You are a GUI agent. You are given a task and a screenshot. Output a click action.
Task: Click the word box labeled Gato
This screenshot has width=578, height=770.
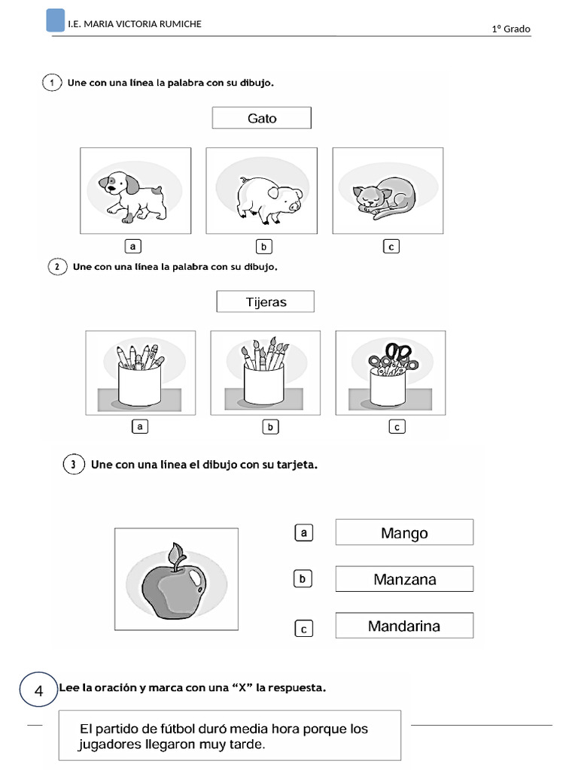pyautogui.click(x=261, y=118)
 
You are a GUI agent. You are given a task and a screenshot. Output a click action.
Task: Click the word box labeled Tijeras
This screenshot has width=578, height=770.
pyautogui.click(x=265, y=302)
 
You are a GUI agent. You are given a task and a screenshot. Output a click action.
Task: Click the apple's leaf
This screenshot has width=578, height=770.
pyautogui.click(x=178, y=554)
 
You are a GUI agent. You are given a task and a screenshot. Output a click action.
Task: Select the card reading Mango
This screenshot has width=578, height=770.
pyautogui.click(x=404, y=533)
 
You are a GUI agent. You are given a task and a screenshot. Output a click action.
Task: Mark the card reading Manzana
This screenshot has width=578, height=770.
pyautogui.click(x=404, y=580)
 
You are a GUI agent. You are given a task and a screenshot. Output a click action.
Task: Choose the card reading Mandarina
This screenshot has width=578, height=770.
pyautogui.click(x=404, y=626)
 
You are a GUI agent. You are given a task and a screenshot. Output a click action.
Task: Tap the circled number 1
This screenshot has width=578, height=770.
pyautogui.click(x=51, y=83)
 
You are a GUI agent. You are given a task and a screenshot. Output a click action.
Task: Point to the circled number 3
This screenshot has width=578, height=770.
pyautogui.click(x=73, y=465)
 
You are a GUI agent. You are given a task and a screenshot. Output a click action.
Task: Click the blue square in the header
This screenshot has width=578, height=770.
pyautogui.click(x=55, y=20)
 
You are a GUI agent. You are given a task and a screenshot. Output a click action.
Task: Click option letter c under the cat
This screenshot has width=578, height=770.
pyautogui.click(x=391, y=246)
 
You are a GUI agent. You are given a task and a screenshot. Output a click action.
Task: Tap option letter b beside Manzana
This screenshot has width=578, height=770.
pyautogui.click(x=302, y=580)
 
